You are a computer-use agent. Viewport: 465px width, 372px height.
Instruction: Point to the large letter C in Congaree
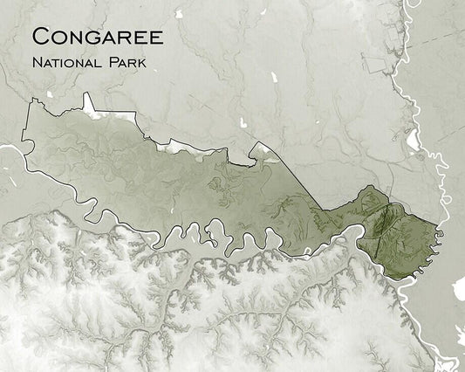pos(39,37)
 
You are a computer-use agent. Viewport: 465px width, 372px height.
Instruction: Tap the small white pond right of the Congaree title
pos(178,14)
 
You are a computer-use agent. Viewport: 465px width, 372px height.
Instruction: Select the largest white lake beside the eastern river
pos(412,139)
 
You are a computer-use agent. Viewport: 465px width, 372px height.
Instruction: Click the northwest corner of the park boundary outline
pos(32,102)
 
